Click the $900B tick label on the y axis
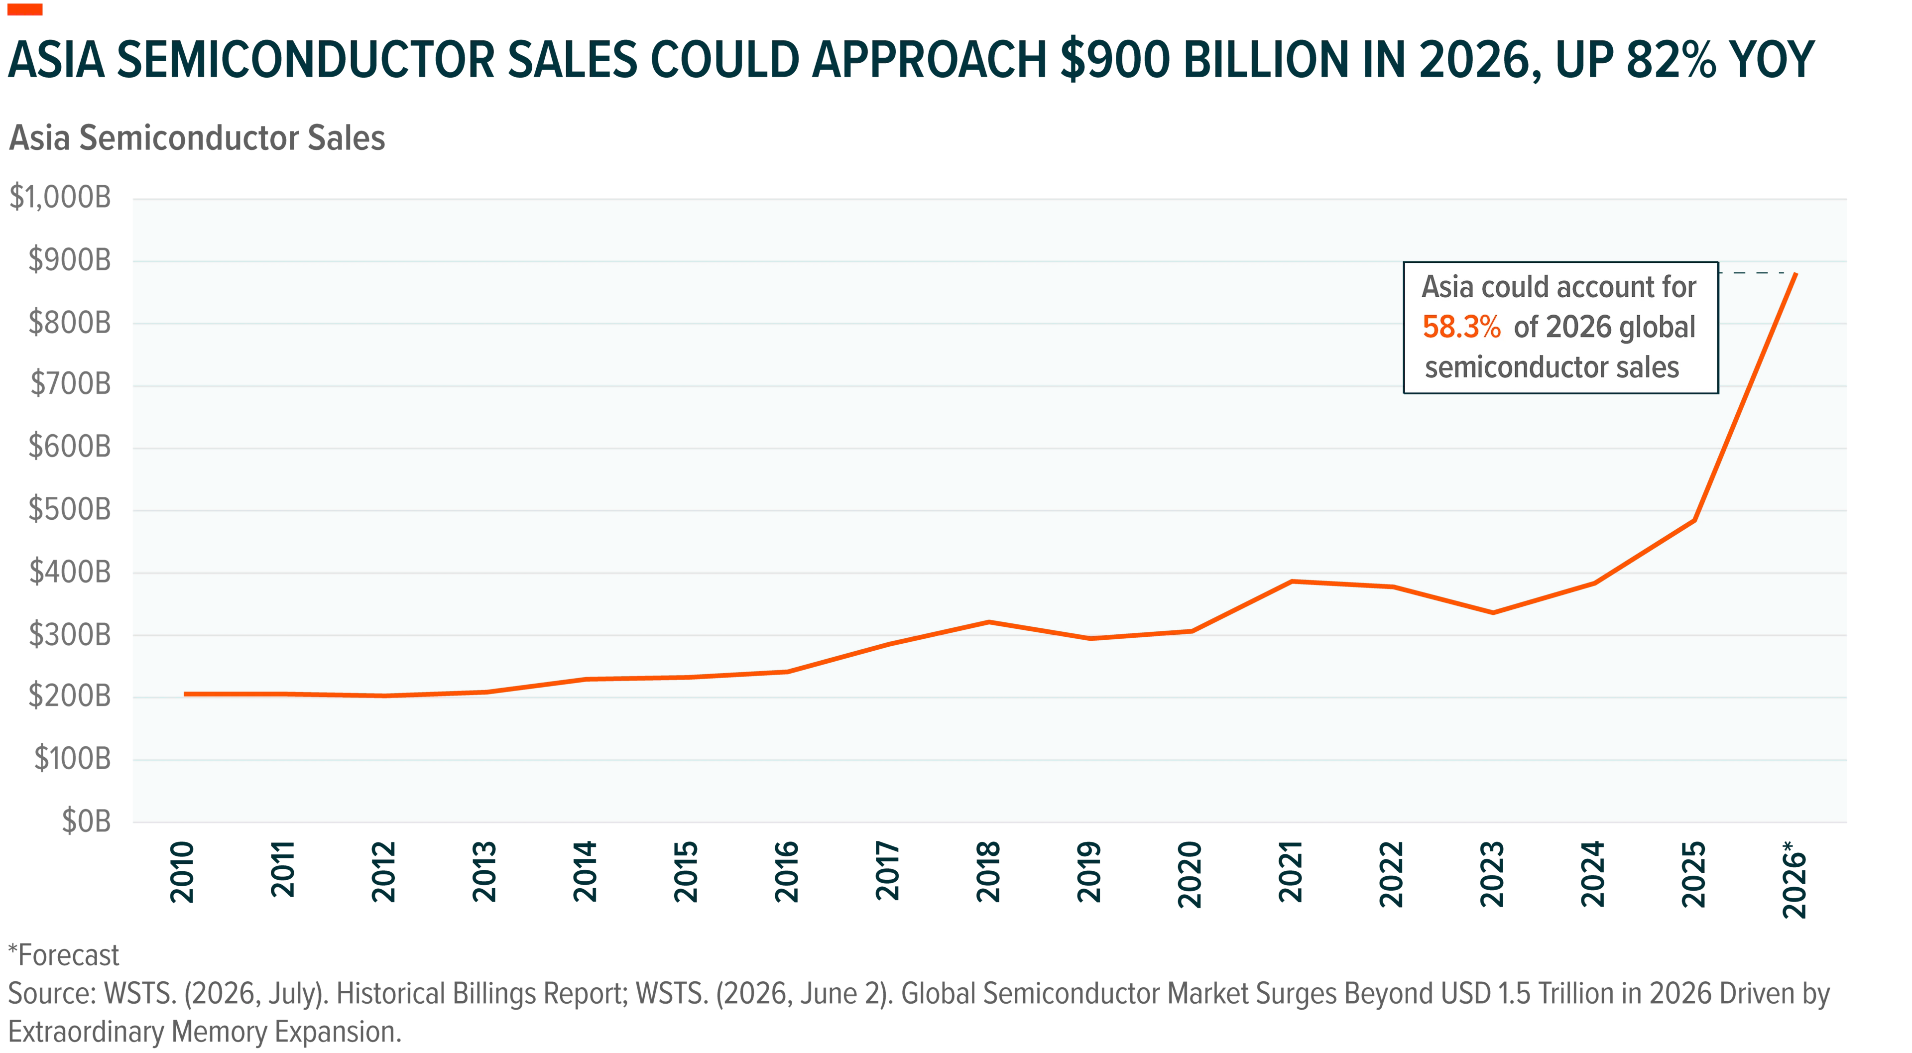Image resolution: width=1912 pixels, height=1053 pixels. [69, 260]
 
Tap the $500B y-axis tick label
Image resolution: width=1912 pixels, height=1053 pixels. [69, 509]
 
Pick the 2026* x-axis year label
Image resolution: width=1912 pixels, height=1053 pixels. [1794, 879]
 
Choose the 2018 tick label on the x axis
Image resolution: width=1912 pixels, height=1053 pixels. [988, 872]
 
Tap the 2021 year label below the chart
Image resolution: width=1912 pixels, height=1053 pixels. [1291, 872]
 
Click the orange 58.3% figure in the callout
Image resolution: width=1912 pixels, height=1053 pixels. [1461, 327]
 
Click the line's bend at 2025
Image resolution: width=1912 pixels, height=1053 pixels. [1694, 520]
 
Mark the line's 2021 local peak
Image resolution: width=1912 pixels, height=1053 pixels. [1292, 581]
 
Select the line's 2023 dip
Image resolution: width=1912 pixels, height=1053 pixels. [1493, 613]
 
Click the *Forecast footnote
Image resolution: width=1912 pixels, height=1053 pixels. [64, 955]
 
